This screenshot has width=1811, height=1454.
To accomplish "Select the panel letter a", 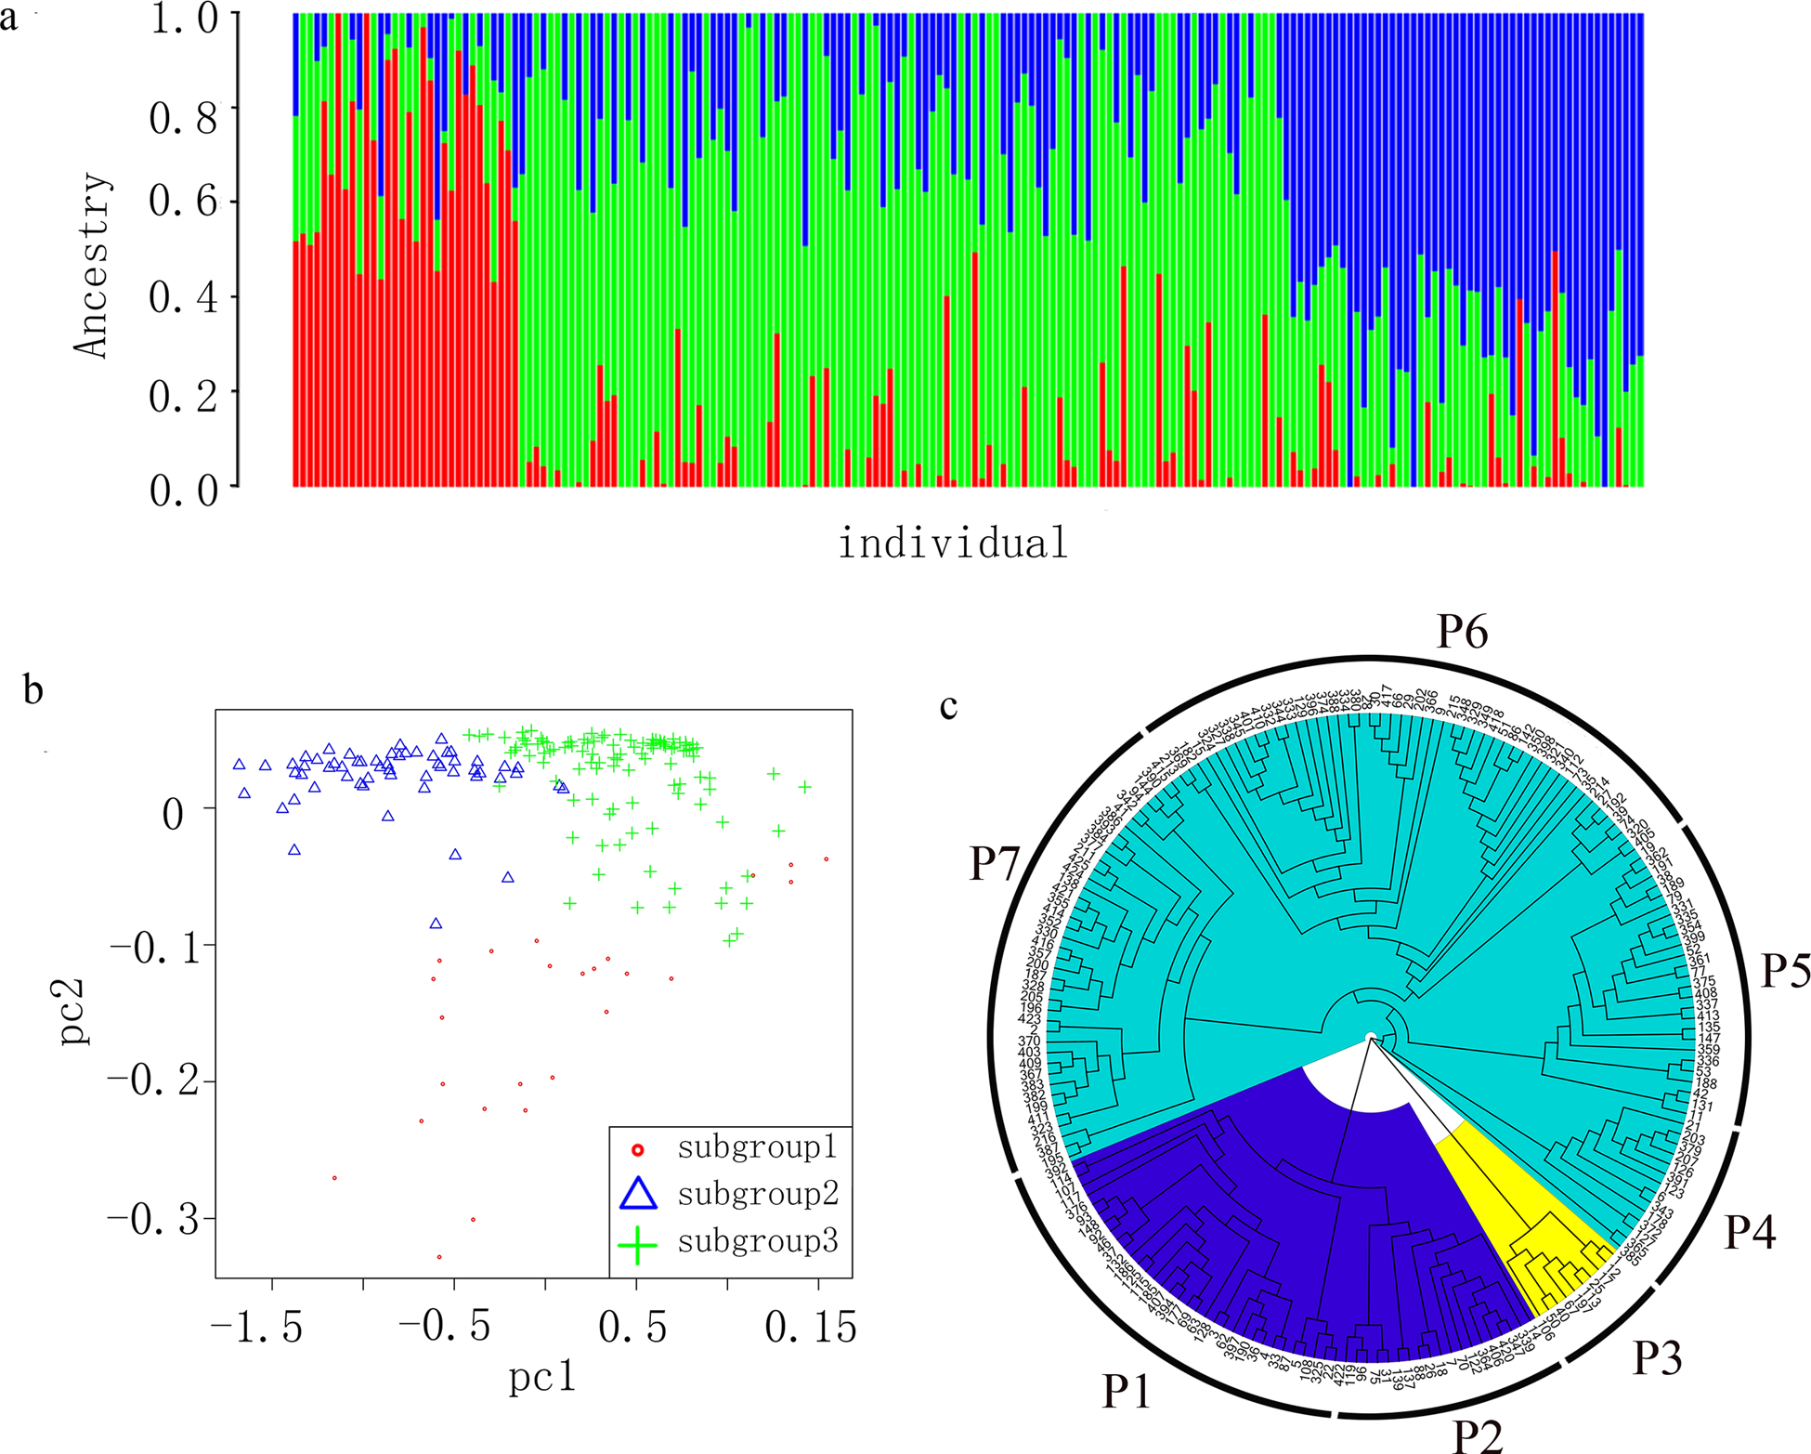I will click(8, 19).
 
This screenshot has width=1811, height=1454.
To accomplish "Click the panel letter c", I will click(948, 706).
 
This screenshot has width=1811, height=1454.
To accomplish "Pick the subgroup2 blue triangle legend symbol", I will click(638, 1194).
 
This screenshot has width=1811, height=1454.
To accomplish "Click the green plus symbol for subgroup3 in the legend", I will click(638, 1243).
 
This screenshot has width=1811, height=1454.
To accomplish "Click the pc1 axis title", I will click(542, 1376).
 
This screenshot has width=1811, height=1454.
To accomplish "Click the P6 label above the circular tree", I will click(1462, 632).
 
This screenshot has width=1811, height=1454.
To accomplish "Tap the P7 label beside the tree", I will click(995, 863).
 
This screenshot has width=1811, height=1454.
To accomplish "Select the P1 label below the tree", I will click(1127, 1391).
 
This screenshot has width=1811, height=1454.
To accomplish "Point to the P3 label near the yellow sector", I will click(1657, 1357).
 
